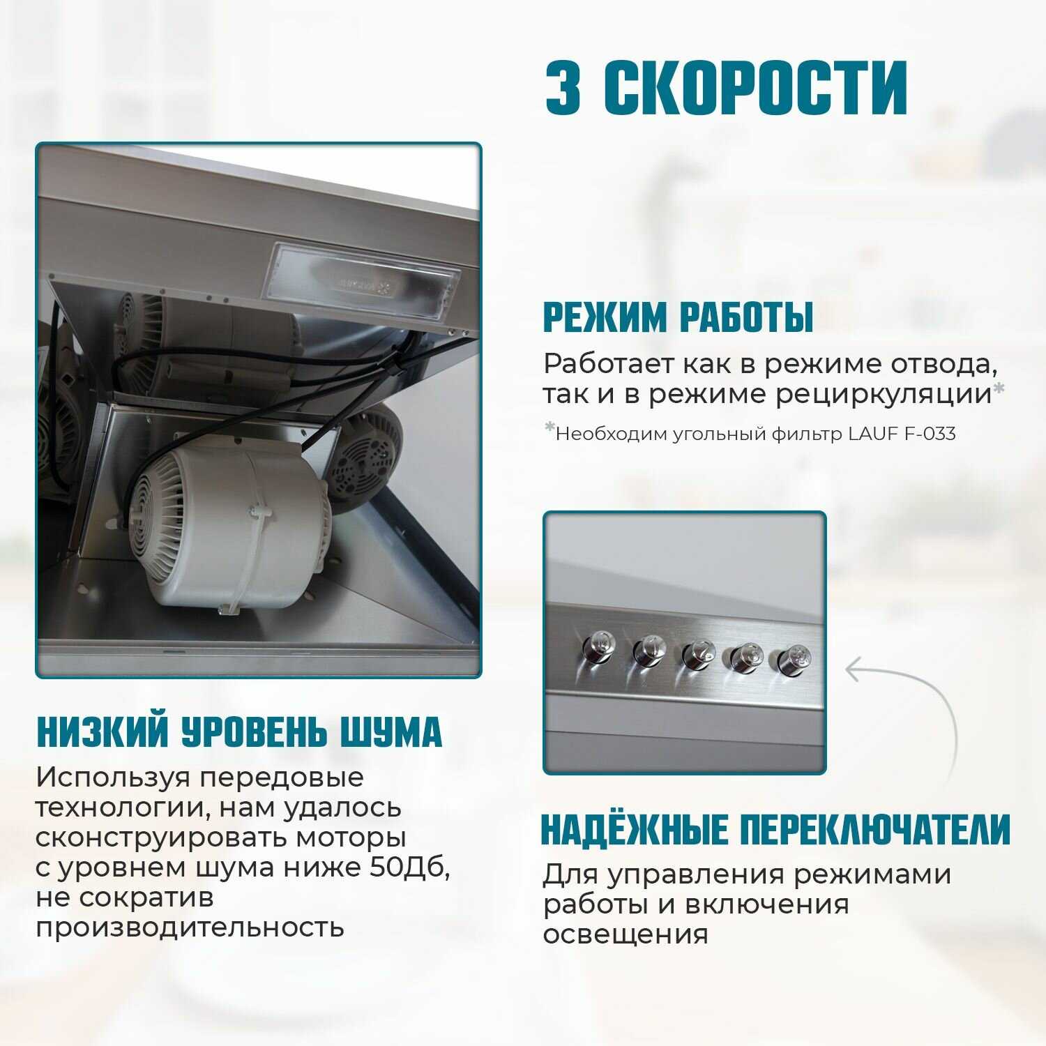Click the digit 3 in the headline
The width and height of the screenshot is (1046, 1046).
[563, 87]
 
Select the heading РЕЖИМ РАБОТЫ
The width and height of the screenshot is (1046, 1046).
[679, 317]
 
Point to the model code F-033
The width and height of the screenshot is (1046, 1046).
[930, 434]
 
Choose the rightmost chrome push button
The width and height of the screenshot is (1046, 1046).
[790, 660]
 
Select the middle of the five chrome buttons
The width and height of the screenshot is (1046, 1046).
[698, 655]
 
